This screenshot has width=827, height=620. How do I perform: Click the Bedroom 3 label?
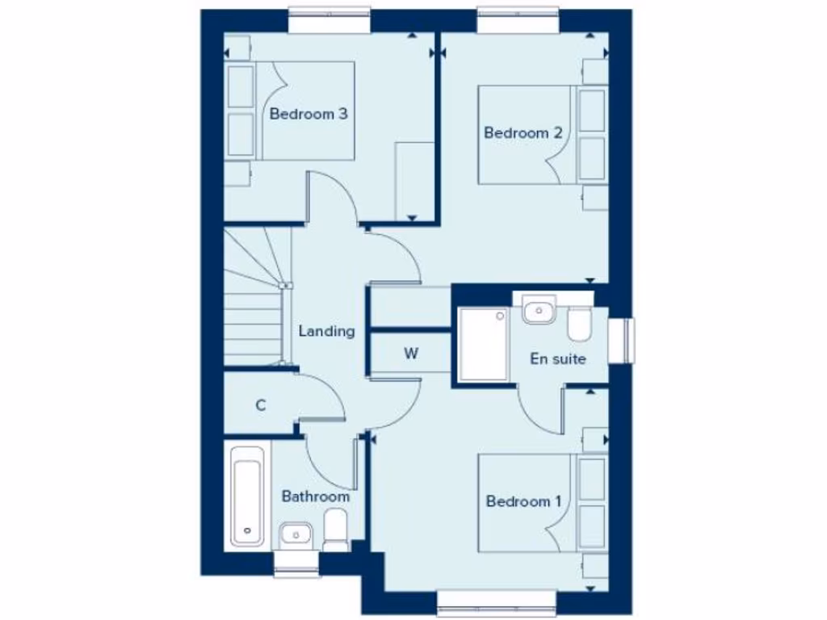(309, 114)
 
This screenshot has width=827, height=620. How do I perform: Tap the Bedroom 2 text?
(523, 133)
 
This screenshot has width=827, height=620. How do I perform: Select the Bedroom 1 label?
(523, 502)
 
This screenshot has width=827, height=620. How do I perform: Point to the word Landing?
(326, 331)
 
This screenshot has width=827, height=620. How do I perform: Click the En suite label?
(557, 358)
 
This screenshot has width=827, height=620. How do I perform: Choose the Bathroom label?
(315, 496)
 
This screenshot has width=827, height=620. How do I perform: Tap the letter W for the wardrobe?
(410, 354)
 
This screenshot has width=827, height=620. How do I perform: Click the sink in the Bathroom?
(296, 534)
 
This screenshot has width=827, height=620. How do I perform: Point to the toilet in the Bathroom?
(335, 533)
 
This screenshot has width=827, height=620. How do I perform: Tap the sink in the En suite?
(538, 309)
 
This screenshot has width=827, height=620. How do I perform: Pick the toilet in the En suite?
(578, 325)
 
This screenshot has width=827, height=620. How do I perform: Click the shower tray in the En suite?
(483, 343)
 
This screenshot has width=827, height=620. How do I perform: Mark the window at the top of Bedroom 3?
(330, 21)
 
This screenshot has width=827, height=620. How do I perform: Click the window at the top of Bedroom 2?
(518, 21)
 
